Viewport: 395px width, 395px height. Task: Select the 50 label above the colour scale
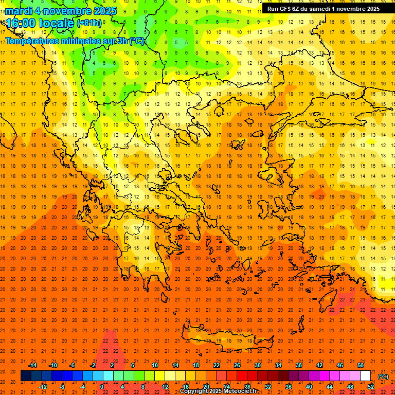pyautogui.click(x=361, y=365)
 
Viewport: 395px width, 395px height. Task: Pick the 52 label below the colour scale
pyautogui.click(x=371, y=387)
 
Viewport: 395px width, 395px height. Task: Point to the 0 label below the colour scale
pyautogui.click(x=102, y=387)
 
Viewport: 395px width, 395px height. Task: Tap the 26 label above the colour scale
pyautogui.click(x=237, y=365)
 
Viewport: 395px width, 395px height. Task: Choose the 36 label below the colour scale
pyautogui.click(x=289, y=387)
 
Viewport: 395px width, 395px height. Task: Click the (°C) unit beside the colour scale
pyautogui.click(x=383, y=376)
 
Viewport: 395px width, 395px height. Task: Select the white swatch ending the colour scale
pyautogui.click(x=366, y=376)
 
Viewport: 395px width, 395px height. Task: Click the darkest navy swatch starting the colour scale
pyautogui.click(x=26, y=376)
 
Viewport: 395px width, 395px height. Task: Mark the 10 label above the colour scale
pyautogui.click(x=154, y=365)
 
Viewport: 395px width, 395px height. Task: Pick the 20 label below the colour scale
pyautogui.click(x=206, y=387)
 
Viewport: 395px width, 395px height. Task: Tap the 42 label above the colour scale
pyautogui.click(x=319, y=365)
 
